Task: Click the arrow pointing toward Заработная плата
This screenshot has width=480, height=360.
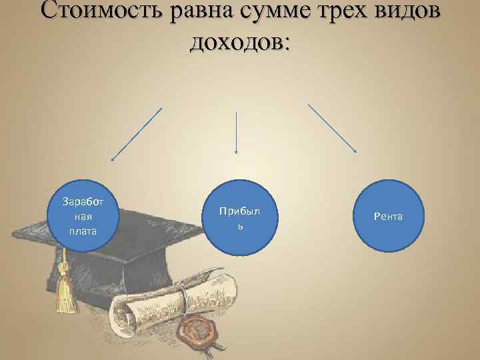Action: (x=137, y=134)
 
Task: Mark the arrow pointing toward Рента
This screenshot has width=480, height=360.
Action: (x=332, y=128)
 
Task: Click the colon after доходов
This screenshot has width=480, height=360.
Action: (x=286, y=44)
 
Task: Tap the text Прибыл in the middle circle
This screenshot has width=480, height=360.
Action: (x=235, y=211)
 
